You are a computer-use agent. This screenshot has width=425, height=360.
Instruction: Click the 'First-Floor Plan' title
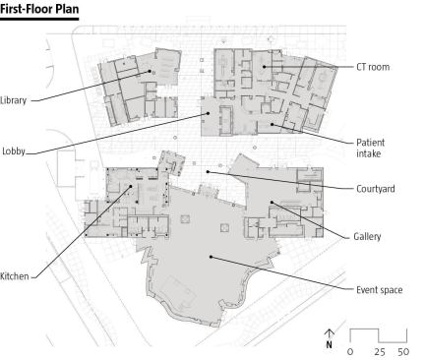[x=39, y=9]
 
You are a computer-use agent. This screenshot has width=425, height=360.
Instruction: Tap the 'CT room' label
[x=373, y=67]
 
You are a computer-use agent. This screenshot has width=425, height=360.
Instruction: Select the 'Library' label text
[x=13, y=100]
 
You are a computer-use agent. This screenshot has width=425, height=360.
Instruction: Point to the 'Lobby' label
[x=14, y=151]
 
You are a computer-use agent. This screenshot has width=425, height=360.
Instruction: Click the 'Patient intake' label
[x=370, y=149]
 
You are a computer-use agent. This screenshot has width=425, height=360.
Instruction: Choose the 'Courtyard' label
[x=376, y=189]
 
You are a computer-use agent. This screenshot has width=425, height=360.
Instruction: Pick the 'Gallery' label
[x=367, y=237]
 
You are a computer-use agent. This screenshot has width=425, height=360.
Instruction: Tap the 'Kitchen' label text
[x=15, y=276]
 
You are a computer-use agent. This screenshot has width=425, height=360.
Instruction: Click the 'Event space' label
[x=380, y=290]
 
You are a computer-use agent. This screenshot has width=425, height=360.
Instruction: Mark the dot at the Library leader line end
[x=150, y=71]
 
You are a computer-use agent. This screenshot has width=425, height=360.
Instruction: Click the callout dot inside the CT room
[x=264, y=67]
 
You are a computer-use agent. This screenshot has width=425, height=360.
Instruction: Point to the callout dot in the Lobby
[x=208, y=113]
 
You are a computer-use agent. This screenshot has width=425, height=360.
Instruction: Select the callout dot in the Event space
[x=212, y=257]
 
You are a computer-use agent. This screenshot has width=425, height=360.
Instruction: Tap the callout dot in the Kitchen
[x=131, y=186]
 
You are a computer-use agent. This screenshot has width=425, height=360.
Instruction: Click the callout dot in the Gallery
[x=272, y=203]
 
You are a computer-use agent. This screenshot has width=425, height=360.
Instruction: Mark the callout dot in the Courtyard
[x=208, y=171]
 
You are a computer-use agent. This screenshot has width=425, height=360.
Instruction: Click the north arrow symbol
[x=330, y=338]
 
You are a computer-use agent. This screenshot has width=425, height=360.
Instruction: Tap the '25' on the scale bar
[x=380, y=352]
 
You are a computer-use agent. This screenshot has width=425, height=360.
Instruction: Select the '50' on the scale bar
[x=403, y=352]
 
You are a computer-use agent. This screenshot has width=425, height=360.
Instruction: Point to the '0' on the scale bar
[x=350, y=352]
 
